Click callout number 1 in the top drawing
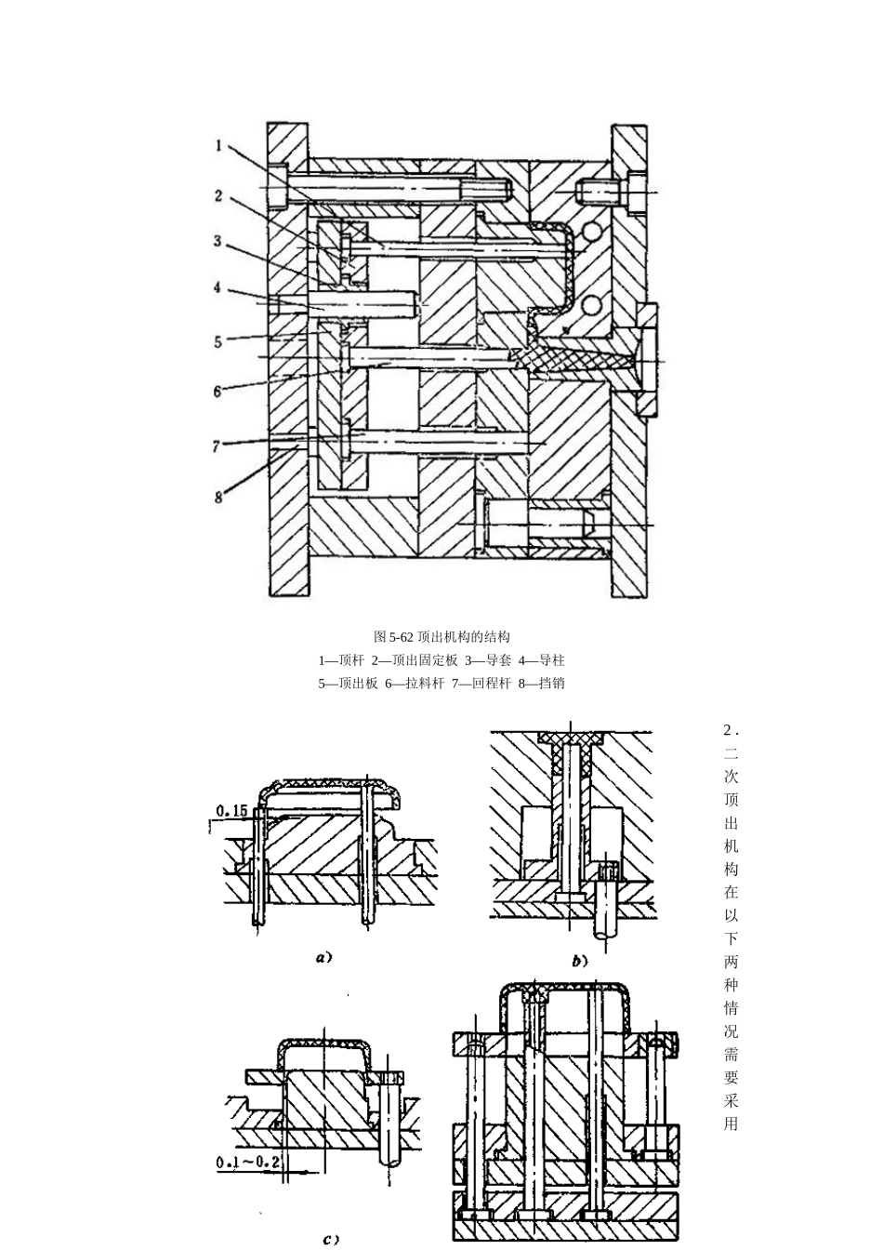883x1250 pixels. [219, 146]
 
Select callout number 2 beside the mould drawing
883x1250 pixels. [218, 195]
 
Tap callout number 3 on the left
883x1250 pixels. [217, 241]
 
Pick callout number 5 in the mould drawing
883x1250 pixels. [218, 341]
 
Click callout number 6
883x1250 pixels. [217, 392]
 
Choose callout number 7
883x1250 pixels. [217, 446]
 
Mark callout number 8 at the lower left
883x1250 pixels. [218, 497]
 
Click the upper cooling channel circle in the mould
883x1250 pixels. [591, 232]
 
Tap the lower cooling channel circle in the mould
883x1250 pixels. [591, 305]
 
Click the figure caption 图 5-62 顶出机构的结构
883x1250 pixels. [441, 637]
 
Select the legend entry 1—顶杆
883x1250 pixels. [341, 660]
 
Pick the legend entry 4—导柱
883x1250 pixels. [542, 660]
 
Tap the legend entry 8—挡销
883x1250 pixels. [542, 683]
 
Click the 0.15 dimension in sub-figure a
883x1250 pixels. [231, 811]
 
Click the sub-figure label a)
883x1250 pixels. [323, 958]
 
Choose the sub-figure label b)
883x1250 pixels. [580, 961]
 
